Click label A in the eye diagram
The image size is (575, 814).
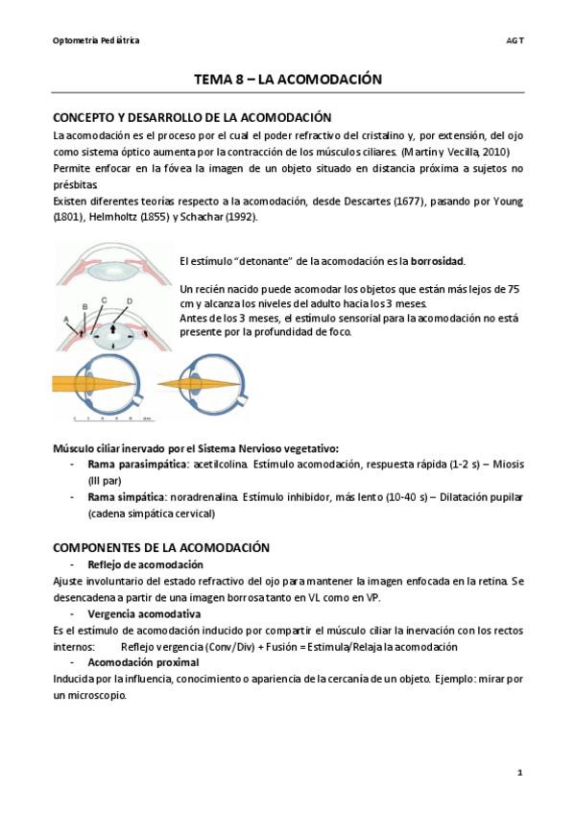(x=64, y=317)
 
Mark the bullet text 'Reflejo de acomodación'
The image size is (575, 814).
(x=145, y=564)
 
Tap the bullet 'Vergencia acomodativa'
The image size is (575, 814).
(x=144, y=612)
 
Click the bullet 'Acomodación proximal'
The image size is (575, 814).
(x=143, y=662)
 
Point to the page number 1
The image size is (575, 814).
(x=519, y=773)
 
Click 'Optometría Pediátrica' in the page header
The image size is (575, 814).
(x=96, y=40)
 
